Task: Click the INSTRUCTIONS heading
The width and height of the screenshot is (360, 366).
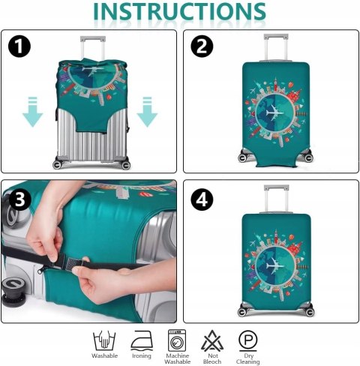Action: (x=179, y=11)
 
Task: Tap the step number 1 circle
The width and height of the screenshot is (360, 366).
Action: (x=19, y=46)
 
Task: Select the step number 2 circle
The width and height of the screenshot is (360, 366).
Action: (x=202, y=46)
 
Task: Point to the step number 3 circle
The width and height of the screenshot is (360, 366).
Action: (x=20, y=199)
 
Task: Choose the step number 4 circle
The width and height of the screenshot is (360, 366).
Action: (x=202, y=199)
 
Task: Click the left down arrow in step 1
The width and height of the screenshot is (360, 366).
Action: (x=33, y=112)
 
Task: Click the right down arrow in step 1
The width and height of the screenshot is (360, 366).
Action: (x=147, y=112)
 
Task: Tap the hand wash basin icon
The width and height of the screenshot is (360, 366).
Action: (x=104, y=341)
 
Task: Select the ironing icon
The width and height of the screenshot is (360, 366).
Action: (x=142, y=341)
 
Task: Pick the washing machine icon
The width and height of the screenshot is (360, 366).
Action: (x=177, y=340)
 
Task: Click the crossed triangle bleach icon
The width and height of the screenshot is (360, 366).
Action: (x=212, y=341)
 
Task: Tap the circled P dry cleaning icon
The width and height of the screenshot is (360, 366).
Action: (x=247, y=340)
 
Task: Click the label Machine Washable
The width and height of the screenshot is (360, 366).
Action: (x=178, y=358)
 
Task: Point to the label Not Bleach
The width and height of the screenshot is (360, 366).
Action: (x=212, y=358)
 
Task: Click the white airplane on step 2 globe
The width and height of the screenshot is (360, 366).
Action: (x=274, y=112)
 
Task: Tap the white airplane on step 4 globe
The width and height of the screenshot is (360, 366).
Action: (x=274, y=264)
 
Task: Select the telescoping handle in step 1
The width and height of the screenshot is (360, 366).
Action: (x=93, y=48)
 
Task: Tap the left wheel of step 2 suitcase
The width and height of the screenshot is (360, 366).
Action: (x=242, y=157)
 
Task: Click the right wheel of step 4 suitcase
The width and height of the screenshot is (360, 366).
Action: (x=310, y=311)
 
